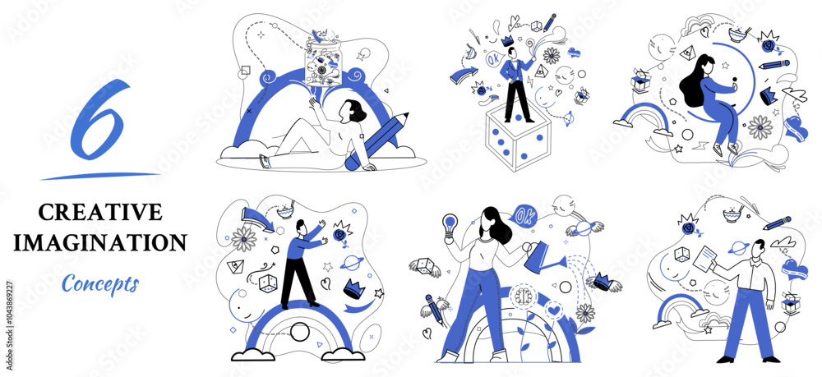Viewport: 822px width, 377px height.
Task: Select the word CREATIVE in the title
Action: click(x=100, y=212)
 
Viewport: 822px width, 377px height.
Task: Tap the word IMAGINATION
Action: click(x=100, y=242)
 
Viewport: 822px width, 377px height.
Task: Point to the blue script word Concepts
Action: click(x=100, y=283)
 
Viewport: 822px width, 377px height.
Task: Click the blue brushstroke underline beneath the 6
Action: click(x=99, y=176)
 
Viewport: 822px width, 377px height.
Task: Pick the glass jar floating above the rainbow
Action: click(x=323, y=62)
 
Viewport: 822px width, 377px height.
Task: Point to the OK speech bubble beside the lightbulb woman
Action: click(x=522, y=215)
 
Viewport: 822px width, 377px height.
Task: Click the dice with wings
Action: click(x=425, y=265)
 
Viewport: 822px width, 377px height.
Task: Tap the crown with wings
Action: click(x=604, y=282)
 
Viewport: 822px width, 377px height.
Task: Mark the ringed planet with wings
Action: click(x=584, y=228)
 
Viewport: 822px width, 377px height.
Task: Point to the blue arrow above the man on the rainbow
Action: click(x=258, y=218)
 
